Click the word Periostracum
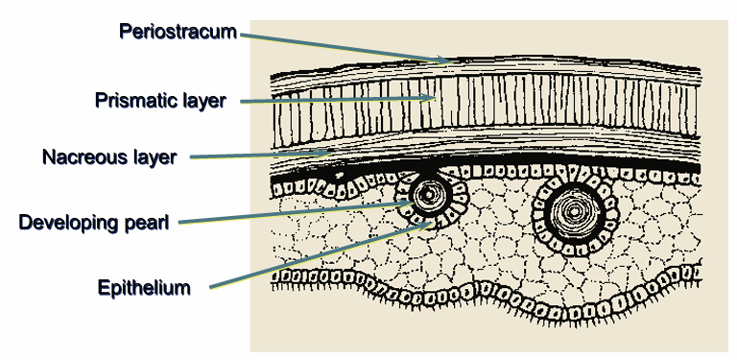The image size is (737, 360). point(178,32)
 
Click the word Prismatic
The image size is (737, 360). point(134,100)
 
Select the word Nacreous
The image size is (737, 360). point(83,156)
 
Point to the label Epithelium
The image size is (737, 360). point(143,287)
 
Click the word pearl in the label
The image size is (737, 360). point(151,223)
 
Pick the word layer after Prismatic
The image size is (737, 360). point(202,100)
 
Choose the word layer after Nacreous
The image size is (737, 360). point(155,156)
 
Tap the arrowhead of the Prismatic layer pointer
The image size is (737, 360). point(438,98)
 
